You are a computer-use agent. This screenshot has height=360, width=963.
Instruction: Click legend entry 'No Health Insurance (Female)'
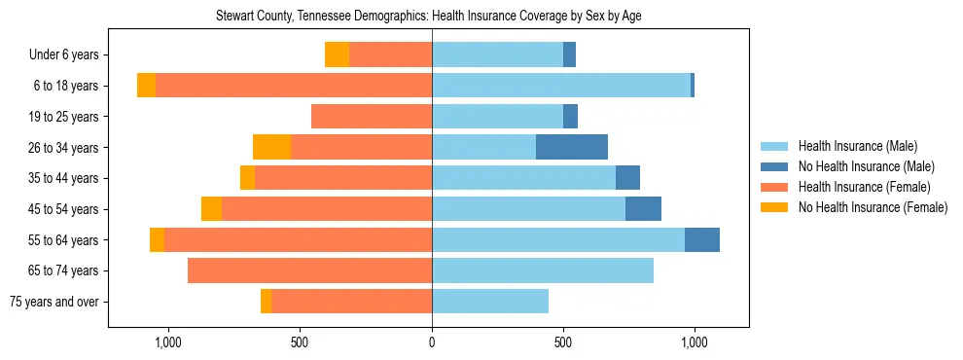tap(873, 207)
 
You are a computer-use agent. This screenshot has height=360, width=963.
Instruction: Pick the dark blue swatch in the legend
tap(775, 166)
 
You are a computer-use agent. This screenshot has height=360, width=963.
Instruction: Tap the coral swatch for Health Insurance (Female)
tap(775, 187)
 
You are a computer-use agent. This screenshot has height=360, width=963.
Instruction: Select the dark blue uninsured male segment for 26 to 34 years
tap(572, 148)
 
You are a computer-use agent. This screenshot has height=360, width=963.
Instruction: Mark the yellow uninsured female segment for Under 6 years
tap(337, 55)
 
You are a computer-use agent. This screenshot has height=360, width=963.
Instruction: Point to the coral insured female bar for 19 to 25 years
tap(372, 117)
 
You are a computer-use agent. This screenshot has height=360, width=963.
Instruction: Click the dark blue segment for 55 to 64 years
tap(702, 240)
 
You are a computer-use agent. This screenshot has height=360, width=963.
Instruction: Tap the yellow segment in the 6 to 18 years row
tap(146, 86)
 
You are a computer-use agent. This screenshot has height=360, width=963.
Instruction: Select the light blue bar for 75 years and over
tap(490, 302)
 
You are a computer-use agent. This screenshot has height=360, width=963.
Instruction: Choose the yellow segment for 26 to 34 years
tap(271, 148)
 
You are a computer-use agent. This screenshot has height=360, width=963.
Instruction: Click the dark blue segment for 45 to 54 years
tap(643, 209)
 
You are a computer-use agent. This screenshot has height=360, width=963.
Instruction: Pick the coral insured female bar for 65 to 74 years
tap(309, 270)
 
